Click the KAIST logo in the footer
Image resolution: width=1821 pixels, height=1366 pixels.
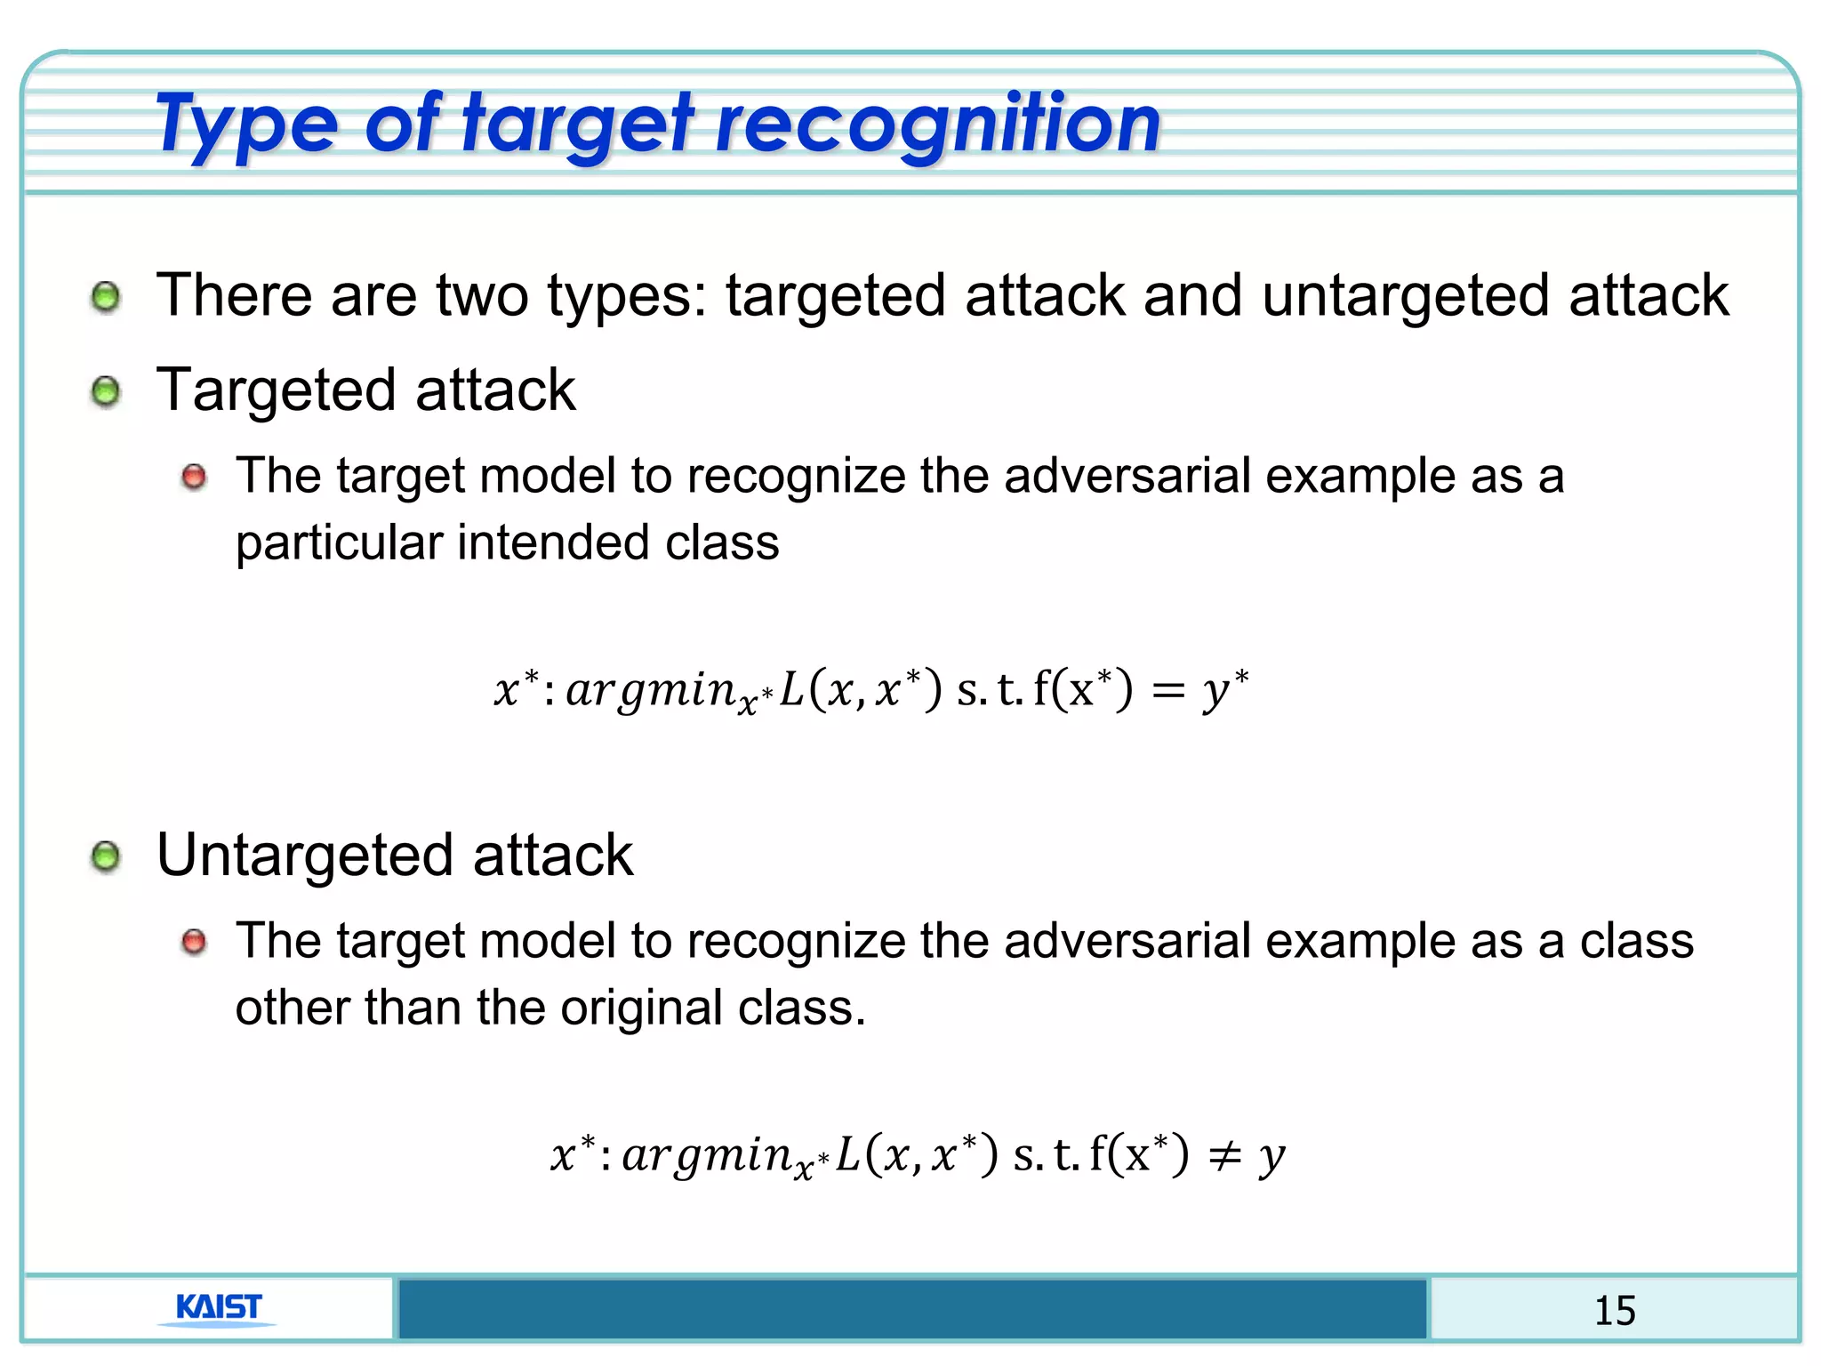219,1308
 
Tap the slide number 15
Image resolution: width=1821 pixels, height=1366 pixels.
1615,1311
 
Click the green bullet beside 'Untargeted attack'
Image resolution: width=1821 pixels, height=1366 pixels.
106,857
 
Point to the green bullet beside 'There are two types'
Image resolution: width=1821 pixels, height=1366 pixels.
106,297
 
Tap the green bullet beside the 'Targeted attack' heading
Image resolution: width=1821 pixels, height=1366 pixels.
106,391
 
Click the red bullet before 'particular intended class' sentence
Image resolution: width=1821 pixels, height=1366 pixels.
194,478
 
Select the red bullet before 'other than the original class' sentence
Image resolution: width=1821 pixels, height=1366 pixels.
194,942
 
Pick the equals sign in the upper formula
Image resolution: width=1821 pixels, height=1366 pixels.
1168,691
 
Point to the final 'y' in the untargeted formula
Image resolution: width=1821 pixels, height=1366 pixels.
1272,1157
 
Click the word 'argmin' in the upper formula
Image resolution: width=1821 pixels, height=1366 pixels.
650,691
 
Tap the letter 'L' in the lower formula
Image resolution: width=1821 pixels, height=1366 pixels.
848,1155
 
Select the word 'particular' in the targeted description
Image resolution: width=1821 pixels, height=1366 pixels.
339,542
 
